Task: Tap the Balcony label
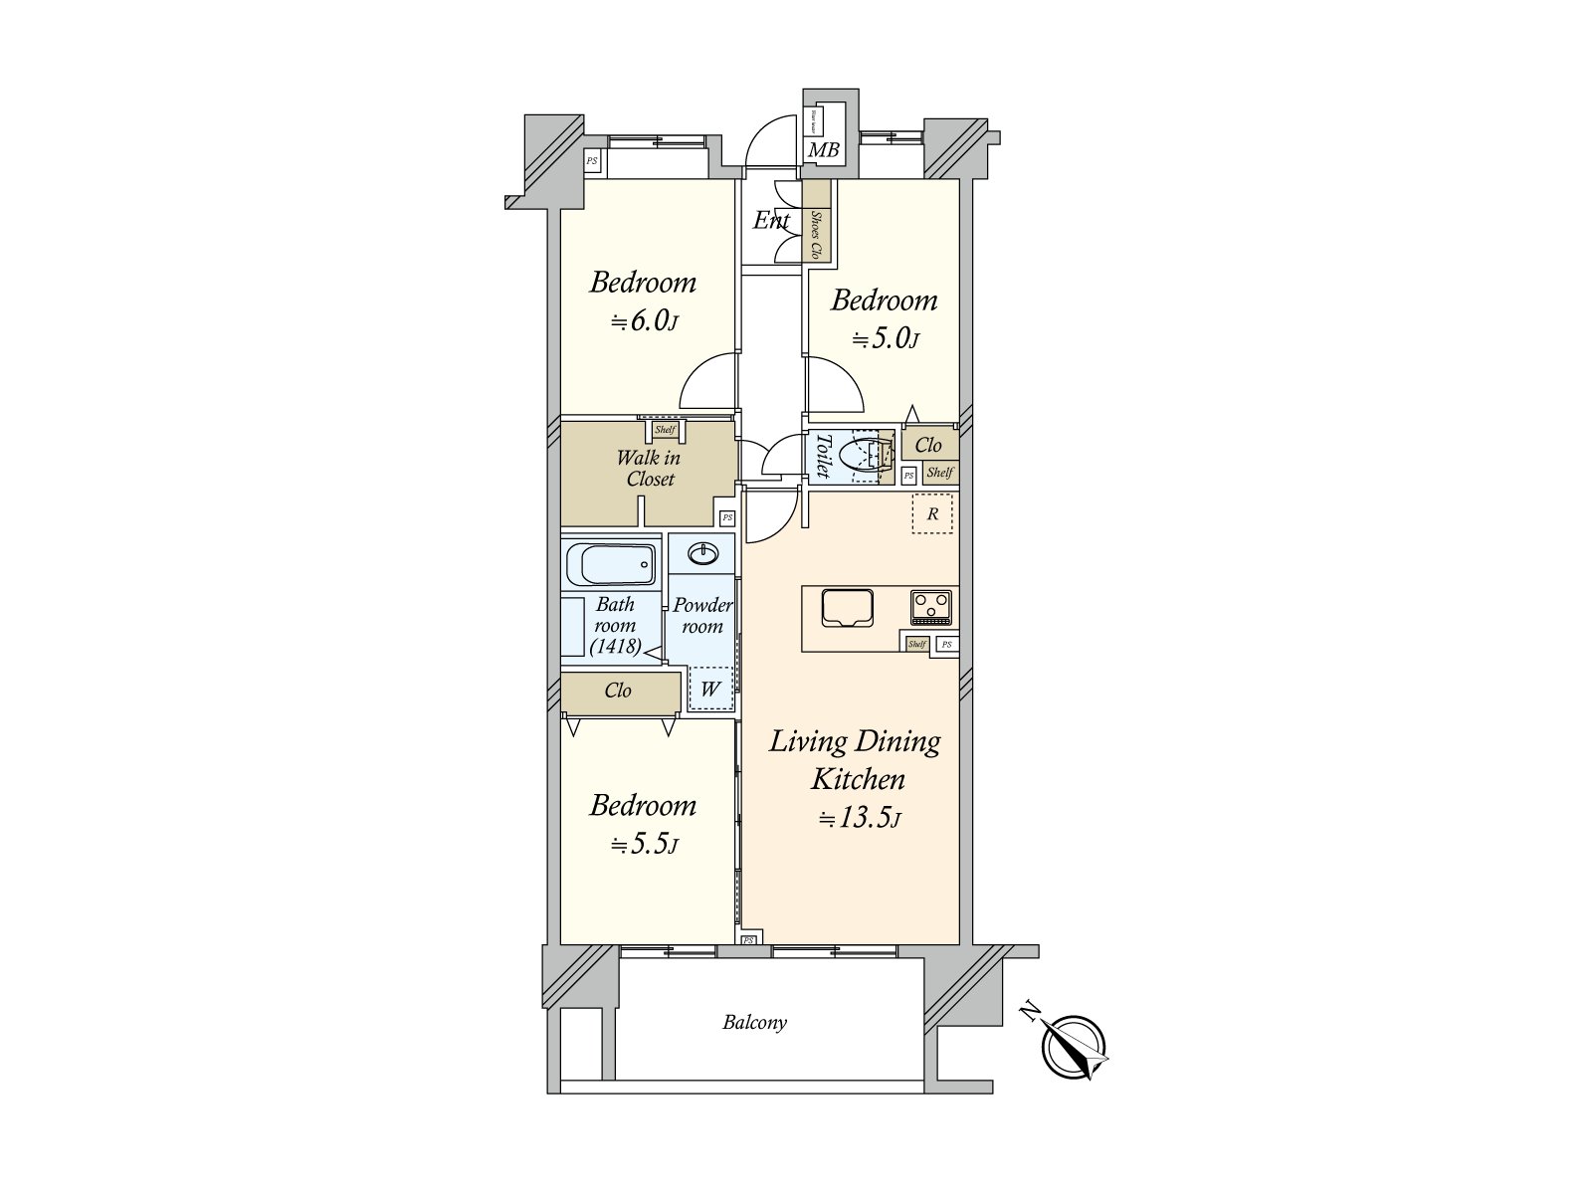754,1022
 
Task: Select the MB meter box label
823,151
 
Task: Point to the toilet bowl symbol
858,457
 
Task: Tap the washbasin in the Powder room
703,553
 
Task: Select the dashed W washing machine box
710,688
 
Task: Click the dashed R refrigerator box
932,514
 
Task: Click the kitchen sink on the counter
848,607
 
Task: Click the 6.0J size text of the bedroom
644,322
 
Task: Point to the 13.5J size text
860,819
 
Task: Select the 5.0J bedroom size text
885,339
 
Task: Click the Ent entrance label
771,220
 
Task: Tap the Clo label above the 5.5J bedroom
618,691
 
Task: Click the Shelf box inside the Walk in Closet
665,430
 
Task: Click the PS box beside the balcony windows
748,939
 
